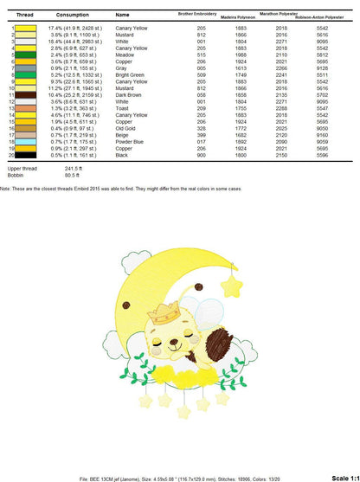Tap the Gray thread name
[x=123, y=67]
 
